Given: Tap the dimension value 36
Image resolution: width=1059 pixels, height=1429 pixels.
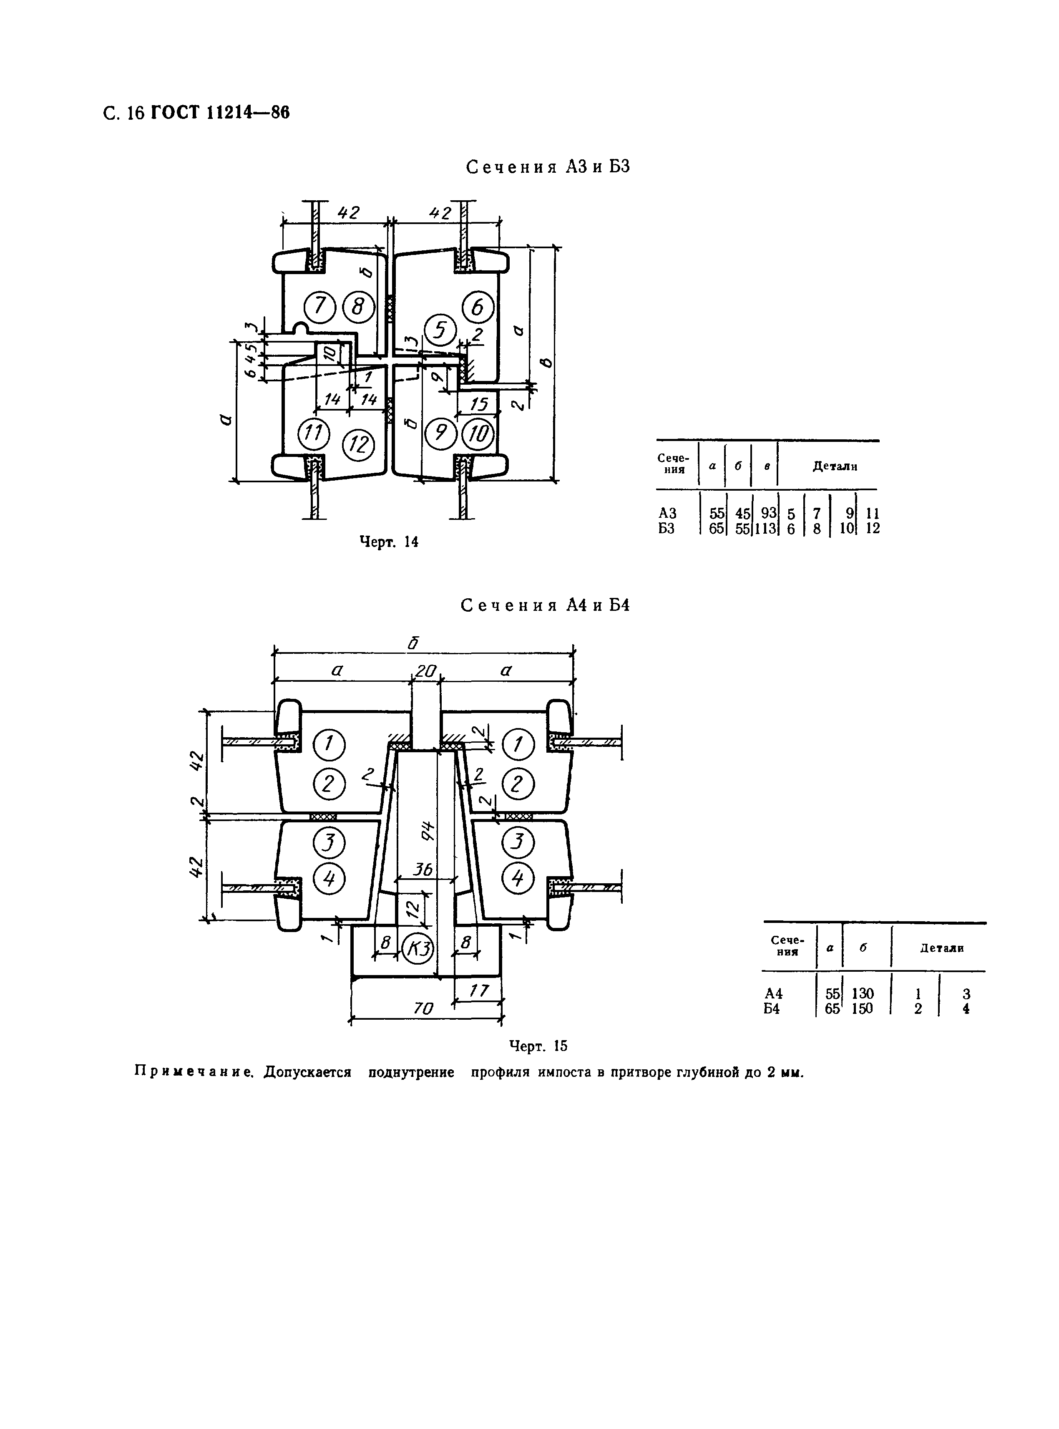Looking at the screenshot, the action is pos(423,869).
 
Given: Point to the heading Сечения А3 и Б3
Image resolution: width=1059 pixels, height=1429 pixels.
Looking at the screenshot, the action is pos(548,167).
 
